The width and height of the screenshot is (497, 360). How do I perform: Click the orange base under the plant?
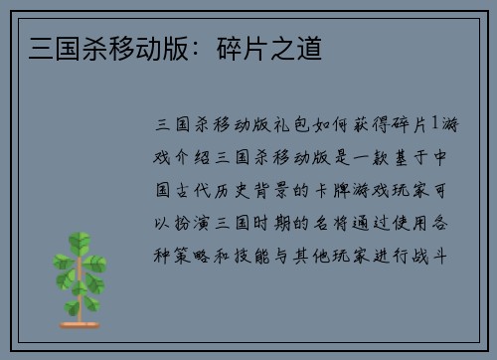point(81,323)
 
